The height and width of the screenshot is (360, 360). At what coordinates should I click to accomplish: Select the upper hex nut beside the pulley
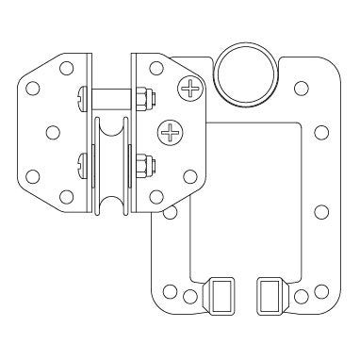(140, 96)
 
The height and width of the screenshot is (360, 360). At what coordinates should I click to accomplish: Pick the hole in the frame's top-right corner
(301, 88)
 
